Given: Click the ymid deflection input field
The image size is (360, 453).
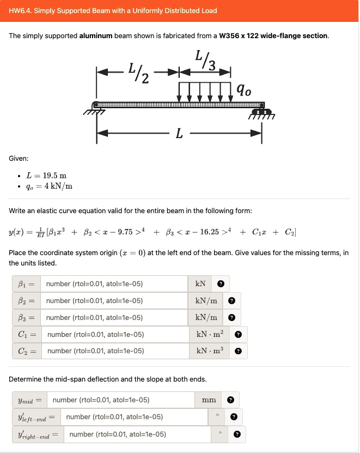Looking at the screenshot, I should (122, 400).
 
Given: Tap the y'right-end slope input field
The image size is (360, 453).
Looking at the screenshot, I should (138, 434).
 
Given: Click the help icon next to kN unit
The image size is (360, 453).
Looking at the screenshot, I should (221, 284).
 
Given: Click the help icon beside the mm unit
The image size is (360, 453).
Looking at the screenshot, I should (230, 400).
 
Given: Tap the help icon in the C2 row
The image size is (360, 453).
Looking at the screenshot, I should (238, 351).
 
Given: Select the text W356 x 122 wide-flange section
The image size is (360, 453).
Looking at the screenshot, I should (273, 36).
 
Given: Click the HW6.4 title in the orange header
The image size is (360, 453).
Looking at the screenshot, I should (113, 10).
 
